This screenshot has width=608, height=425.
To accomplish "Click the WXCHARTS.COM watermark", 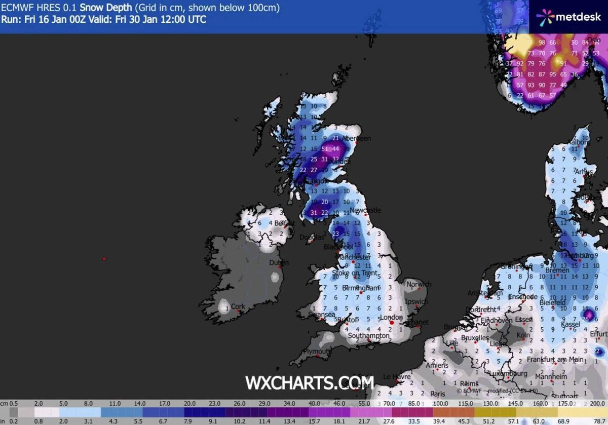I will [309, 382].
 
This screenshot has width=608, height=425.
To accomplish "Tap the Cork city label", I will [238, 306].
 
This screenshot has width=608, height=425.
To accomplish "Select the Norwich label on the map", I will [419, 284].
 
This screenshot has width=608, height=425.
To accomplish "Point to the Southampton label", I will [369, 335].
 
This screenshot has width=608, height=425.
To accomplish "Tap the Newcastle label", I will [365, 210].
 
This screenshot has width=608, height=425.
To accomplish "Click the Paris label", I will [438, 394].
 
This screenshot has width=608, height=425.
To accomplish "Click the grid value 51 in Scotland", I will [325, 149].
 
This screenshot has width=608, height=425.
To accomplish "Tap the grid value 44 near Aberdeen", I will [335, 149].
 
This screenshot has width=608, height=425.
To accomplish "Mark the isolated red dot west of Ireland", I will [104, 259].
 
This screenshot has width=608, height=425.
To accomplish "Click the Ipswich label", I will [417, 302].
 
